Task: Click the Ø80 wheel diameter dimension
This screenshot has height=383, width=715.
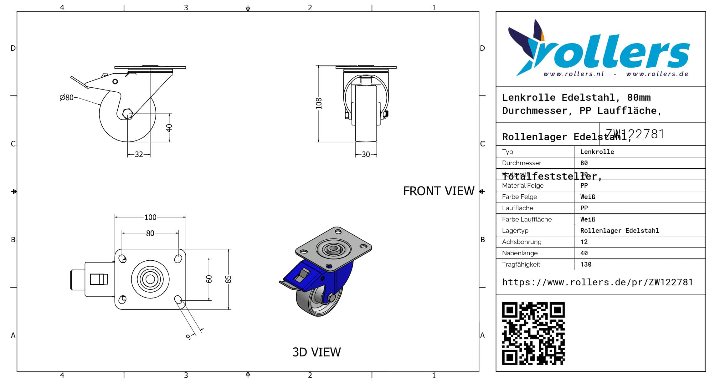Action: (66, 98)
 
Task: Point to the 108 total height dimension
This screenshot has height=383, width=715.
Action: (319, 104)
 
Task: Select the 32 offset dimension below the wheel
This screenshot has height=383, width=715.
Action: (139, 155)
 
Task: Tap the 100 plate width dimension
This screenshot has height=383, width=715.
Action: (150, 217)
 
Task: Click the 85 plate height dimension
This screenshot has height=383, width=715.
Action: (229, 279)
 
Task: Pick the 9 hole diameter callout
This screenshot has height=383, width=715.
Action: (188, 337)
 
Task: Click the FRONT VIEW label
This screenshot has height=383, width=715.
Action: (439, 191)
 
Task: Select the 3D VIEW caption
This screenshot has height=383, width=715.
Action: (316, 352)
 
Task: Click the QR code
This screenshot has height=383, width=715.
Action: (533, 333)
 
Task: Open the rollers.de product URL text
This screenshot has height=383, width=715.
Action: (597, 282)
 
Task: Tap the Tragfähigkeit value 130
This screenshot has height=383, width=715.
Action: (586, 264)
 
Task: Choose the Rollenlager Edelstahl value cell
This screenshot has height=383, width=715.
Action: (620, 231)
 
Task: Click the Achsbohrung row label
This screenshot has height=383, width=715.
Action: (522, 242)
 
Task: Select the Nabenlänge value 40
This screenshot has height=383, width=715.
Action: (584, 253)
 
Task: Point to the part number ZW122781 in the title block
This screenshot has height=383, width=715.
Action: (635, 134)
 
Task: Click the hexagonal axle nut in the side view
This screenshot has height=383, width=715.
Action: (127, 114)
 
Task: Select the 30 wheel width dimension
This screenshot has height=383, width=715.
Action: (366, 155)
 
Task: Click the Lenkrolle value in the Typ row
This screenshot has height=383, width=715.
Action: (597, 152)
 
